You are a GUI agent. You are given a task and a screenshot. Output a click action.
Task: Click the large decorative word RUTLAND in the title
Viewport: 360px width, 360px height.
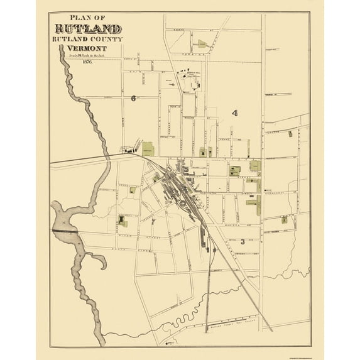pyautogui.click(x=89, y=29)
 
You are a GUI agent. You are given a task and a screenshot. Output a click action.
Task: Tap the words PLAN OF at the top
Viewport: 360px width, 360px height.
pyautogui.click(x=89, y=18)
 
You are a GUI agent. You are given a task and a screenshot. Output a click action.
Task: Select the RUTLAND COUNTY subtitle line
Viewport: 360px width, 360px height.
pyautogui.click(x=89, y=39)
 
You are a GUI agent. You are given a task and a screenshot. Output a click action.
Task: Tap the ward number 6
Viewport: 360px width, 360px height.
pyautogui.click(x=133, y=98)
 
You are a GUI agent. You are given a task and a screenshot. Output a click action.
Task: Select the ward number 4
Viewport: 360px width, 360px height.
pyautogui.click(x=234, y=113)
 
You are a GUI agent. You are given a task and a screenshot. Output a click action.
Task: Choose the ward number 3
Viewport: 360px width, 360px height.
pyautogui.click(x=241, y=241)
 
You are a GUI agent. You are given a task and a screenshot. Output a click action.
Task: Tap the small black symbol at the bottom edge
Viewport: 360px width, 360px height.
pyautogui.click(x=168, y=344)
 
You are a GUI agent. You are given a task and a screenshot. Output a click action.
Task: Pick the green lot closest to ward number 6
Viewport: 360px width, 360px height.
pyautogui.click(x=148, y=148)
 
